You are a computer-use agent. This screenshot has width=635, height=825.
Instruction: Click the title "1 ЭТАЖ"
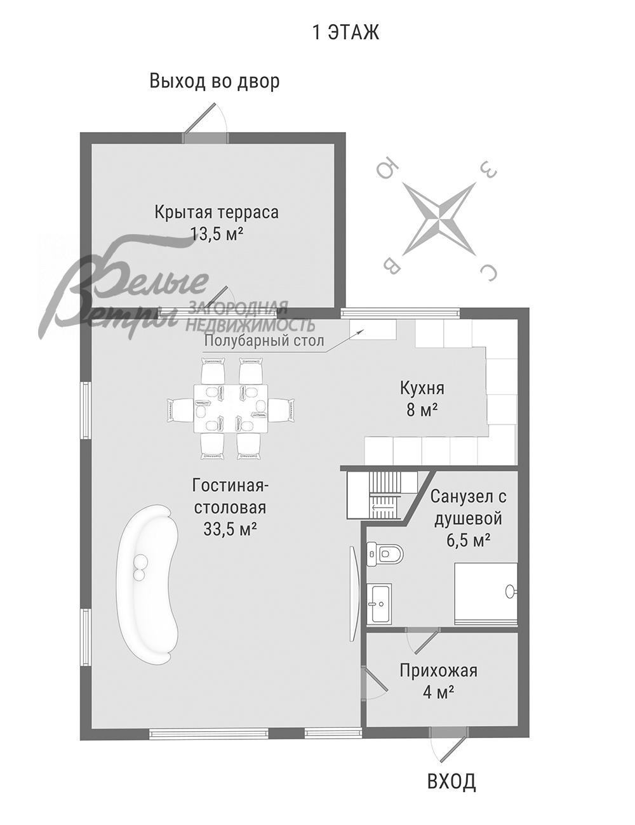(x=345, y=32)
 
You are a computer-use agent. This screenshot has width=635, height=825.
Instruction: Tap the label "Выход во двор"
(x=214, y=81)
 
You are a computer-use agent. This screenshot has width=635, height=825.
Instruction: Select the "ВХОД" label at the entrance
(x=451, y=781)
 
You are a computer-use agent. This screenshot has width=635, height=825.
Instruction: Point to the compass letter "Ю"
(x=387, y=169)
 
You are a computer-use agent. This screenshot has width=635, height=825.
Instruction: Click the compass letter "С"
(x=488, y=272)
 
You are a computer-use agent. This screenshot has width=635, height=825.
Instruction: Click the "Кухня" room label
(x=422, y=387)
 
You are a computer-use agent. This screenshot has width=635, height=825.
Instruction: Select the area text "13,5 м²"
(x=217, y=234)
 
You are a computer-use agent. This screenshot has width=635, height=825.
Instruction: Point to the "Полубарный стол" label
(x=264, y=341)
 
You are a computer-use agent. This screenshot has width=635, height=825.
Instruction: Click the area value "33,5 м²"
(x=230, y=529)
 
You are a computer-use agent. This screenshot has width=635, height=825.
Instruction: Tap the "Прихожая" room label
(x=438, y=670)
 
